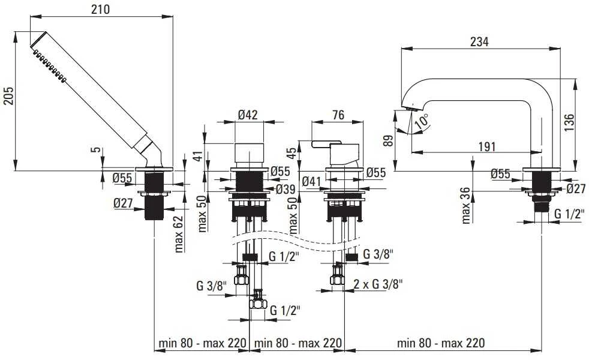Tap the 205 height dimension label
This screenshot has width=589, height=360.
click(x=8, y=96)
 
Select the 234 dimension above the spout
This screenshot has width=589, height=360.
click(x=479, y=42)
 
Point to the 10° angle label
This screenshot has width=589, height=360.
click(x=422, y=121)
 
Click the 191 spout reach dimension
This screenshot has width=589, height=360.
click(x=487, y=146)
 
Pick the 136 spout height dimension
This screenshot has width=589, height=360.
click(x=569, y=122)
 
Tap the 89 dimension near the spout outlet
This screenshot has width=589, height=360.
click(x=389, y=140)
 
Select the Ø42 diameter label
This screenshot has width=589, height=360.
click(x=248, y=115)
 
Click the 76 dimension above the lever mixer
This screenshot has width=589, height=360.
click(x=338, y=115)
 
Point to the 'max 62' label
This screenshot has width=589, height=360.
click(x=179, y=234)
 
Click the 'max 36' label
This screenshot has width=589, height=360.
click(x=466, y=206)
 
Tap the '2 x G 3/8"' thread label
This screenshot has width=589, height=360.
click(x=377, y=284)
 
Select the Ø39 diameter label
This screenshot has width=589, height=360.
click(x=286, y=190)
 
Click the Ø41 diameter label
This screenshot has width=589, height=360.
click(x=311, y=182)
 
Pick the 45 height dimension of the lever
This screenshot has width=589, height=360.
click(x=291, y=154)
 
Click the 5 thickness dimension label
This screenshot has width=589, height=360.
click(x=97, y=149)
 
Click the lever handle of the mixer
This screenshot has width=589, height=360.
click(x=326, y=144)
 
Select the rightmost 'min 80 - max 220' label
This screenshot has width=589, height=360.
click(x=441, y=343)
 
